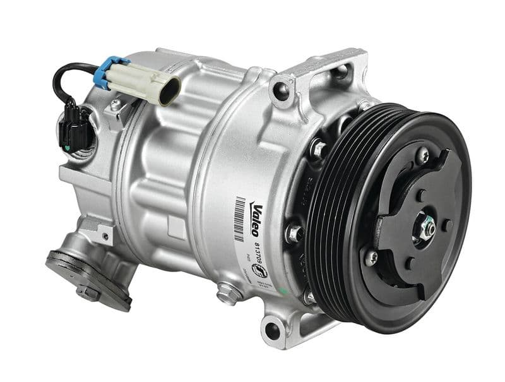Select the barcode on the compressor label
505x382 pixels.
coord(241,218)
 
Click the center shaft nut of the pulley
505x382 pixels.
coord(427,228)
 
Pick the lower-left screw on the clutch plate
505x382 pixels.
coord(371,256)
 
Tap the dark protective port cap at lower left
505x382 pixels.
coord(69,265)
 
